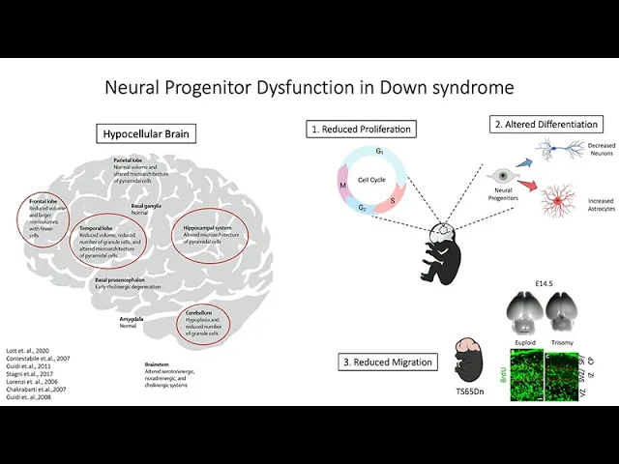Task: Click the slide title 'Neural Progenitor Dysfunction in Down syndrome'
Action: tap(309, 88)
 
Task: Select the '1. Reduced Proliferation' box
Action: tap(362, 129)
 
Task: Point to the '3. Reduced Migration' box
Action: tap(386, 362)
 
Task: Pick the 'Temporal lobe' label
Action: tap(98, 228)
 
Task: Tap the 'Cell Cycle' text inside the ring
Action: tap(371, 180)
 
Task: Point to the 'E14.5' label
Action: tap(539, 284)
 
